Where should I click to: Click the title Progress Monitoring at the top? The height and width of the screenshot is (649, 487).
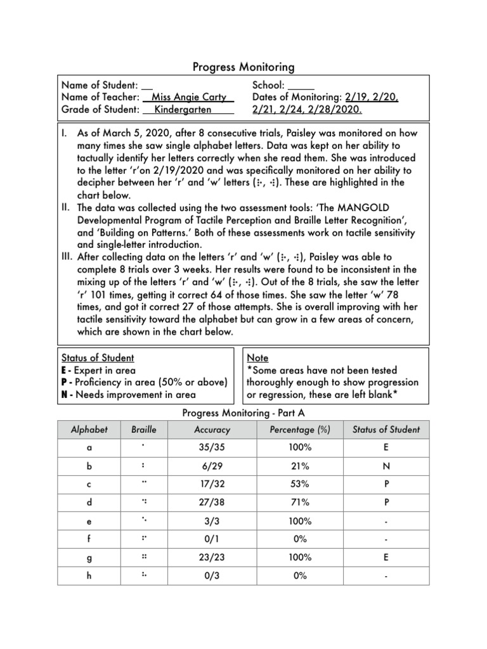[243, 67]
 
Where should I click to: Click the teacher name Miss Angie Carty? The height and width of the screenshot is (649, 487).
[189, 97]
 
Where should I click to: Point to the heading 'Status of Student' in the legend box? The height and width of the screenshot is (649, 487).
[97, 358]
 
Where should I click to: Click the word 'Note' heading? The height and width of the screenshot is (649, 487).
[257, 358]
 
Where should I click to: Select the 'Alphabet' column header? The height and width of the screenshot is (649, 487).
[89, 429]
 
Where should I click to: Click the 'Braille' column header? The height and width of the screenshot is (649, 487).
[143, 429]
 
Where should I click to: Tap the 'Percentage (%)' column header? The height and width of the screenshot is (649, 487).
[299, 429]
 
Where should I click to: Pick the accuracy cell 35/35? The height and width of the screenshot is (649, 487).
[212, 447]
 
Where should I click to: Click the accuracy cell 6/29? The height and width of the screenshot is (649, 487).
[212, 465]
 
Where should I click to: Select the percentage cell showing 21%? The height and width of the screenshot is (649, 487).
[299, 465]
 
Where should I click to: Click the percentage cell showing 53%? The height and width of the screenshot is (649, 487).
[299, 484]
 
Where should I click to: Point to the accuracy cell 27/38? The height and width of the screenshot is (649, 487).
[212, 502]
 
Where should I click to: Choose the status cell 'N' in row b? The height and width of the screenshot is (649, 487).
[386, 465]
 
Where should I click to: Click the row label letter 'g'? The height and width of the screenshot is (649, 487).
[89, 557]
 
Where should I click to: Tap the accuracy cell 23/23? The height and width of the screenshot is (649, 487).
[212, 557]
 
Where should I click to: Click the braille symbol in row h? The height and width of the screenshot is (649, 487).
[144, 575]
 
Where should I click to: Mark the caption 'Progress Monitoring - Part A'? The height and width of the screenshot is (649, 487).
[243, 413]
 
